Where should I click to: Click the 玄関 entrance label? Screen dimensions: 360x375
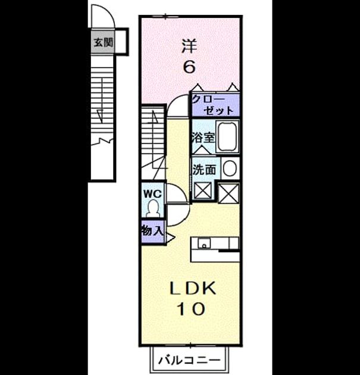pos(104,43)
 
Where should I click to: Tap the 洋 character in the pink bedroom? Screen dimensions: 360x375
pos(189,46)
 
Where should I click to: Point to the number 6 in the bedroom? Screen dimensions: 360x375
pos(189,66)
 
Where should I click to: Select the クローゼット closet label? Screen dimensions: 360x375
pos(212,105)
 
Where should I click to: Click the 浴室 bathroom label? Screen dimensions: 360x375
pos(203,137)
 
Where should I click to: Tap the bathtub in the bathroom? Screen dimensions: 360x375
pos(227,136)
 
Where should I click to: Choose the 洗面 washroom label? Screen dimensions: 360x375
pos(204,170)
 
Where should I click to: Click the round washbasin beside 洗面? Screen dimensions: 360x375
pos(230,168)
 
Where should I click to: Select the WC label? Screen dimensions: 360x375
pos(152,194)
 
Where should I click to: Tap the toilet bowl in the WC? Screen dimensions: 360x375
pos(152,209)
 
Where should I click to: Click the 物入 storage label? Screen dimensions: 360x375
pos(152,231)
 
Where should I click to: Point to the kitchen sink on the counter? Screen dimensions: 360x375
pos(204,243)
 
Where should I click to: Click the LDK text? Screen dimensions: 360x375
pos(193,289)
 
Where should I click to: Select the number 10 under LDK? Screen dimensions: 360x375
pos(191,309)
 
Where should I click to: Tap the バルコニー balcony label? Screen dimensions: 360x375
pos(189,360)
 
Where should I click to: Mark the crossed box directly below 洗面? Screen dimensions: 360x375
pos(202,190)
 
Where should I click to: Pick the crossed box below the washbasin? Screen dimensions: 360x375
pos(228,193)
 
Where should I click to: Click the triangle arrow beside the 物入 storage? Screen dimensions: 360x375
pos(171,237)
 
